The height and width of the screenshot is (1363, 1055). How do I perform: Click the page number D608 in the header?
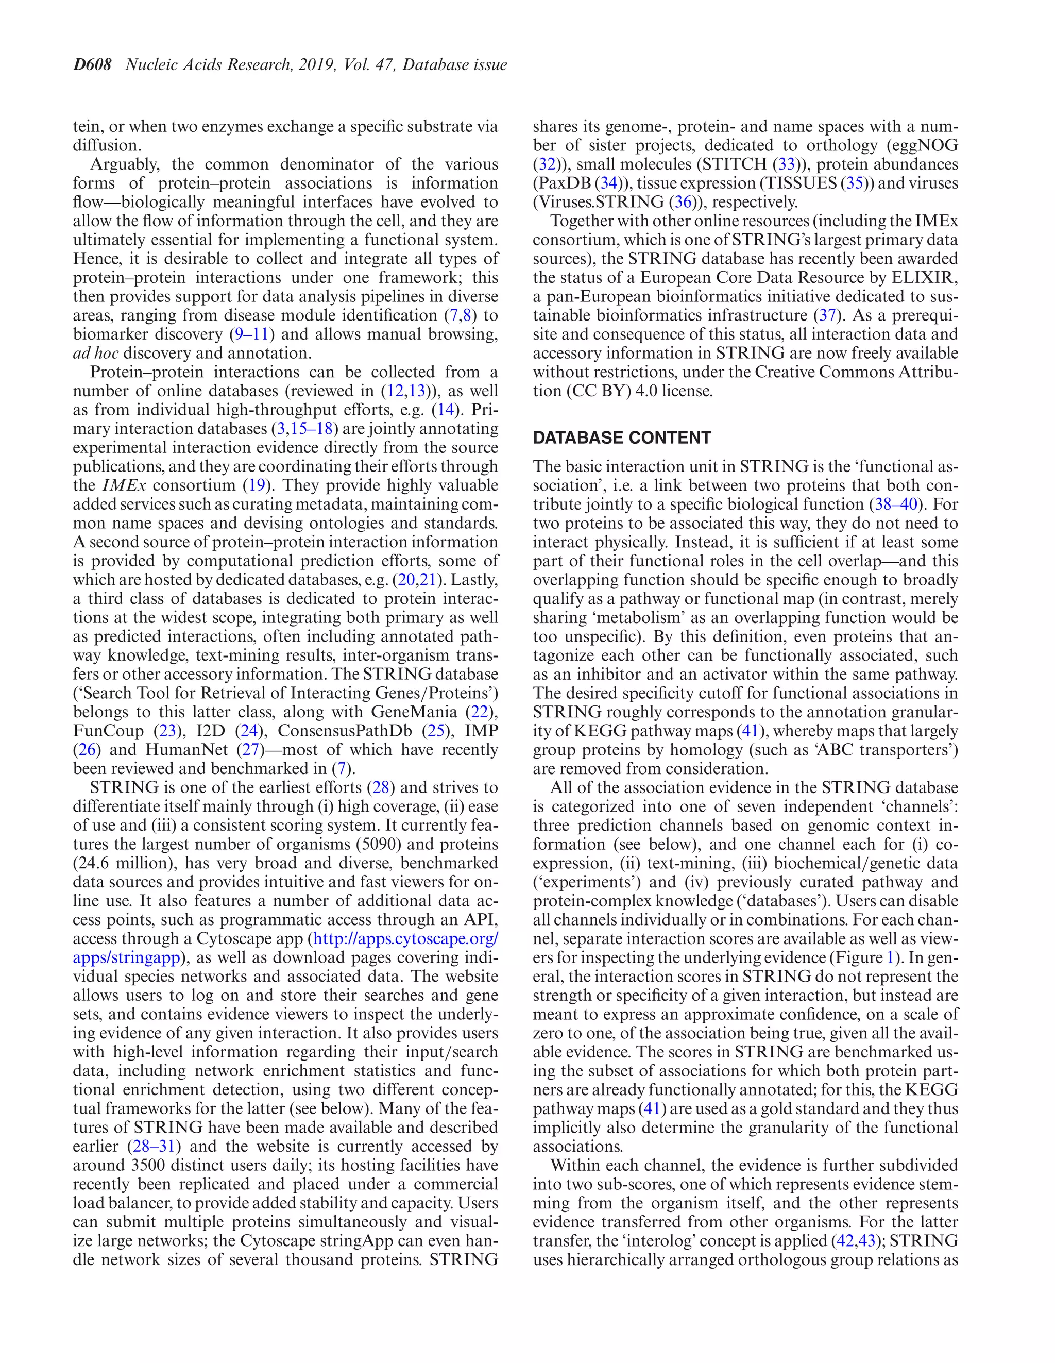pyautogui.click(x=92, y=65)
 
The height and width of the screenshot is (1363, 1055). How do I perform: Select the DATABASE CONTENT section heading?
pyautogui.click(x=621, y=437)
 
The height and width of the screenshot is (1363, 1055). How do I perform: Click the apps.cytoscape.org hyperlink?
pyautogui.click(x=405, y=938)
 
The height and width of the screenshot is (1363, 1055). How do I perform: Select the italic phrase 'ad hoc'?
pyautogui.click(x=95, y=353)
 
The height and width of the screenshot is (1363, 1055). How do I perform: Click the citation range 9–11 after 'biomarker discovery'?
pyautogui.click(x=250, y=334)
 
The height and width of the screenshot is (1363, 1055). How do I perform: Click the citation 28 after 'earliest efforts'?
pyautogui.click(x=381, y=787)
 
